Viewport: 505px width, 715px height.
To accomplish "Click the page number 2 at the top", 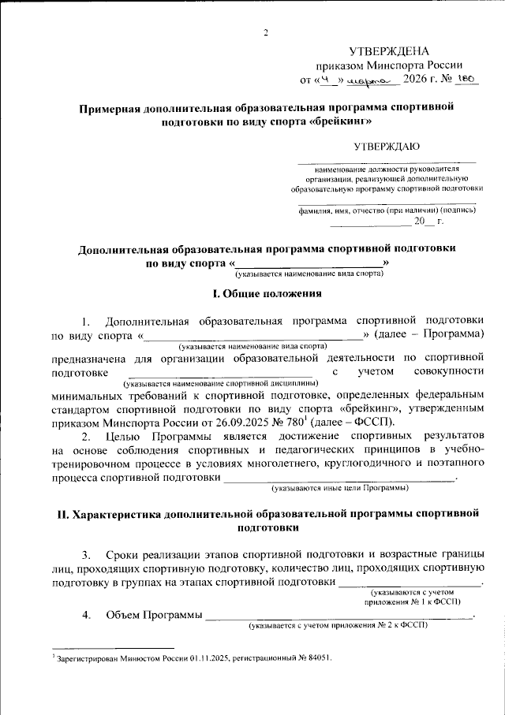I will click(266, 32).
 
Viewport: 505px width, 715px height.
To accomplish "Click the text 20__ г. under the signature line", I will click(429, 222).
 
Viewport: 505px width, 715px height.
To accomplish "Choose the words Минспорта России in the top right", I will click(422, 65).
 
